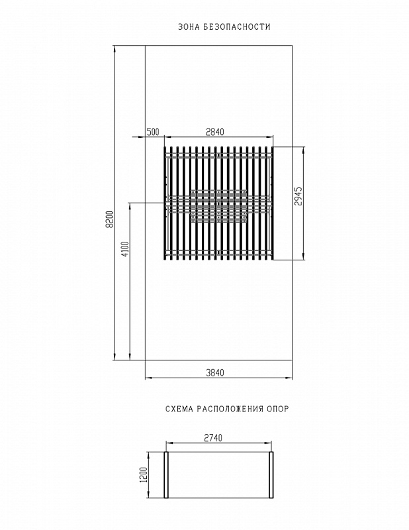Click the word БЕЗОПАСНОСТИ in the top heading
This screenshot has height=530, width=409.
237,26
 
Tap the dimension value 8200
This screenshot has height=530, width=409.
110,219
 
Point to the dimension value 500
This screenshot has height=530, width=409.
153,132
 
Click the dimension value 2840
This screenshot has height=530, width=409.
215,132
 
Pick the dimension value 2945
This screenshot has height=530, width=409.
298,196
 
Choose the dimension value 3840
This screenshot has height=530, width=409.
215,372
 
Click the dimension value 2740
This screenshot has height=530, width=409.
213,438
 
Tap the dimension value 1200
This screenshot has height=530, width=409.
143,475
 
